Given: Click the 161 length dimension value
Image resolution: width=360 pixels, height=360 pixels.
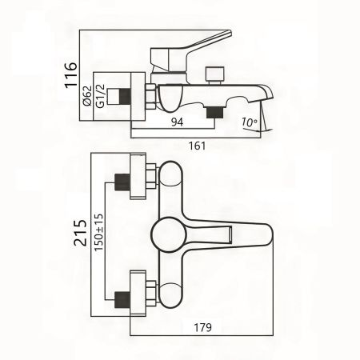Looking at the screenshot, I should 196,146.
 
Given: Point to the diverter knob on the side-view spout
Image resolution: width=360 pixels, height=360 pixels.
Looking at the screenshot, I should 213,74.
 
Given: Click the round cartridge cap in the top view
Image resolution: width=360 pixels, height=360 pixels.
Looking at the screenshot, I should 170,235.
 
